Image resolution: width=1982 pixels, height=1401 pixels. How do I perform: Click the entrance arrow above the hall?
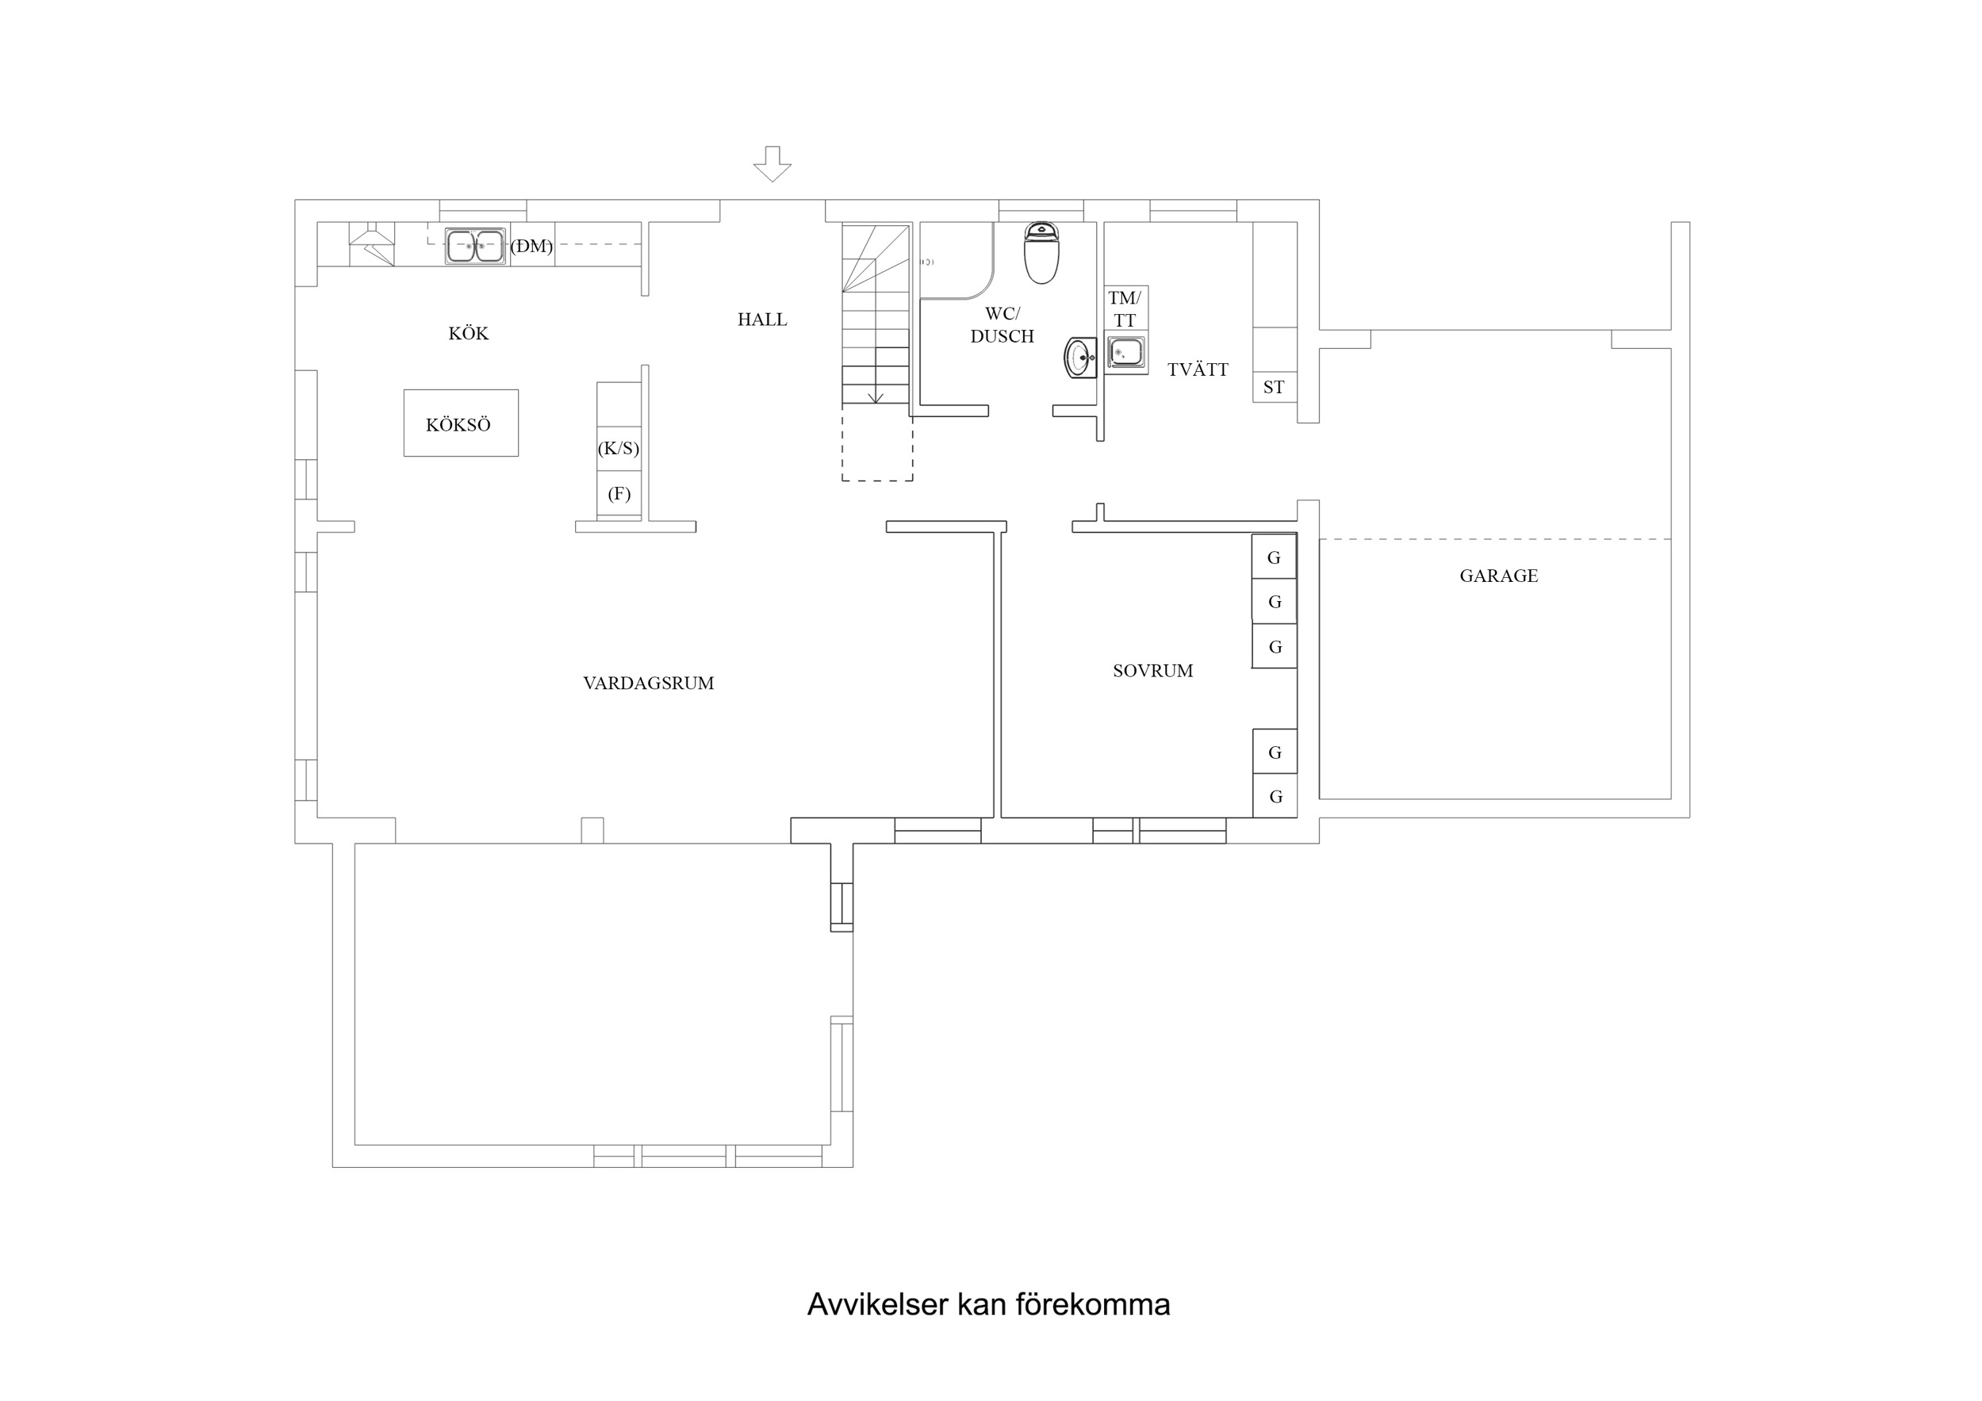[772, 164]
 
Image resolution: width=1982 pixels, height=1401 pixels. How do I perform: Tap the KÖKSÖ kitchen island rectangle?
[460, 423]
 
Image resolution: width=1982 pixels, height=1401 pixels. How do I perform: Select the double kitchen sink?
[475, 246]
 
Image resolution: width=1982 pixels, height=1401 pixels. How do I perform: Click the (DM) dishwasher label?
[531, 246]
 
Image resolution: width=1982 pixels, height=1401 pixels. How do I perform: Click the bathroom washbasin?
[1079, 358]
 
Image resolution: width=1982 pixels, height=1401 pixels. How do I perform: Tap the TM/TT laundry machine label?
[1125, 309]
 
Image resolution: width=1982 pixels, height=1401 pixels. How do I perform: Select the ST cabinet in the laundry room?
[1274, 387]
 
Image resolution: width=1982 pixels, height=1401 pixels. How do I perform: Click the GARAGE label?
[1498, 576]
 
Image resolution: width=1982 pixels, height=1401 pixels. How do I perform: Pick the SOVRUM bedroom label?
[1152, 671]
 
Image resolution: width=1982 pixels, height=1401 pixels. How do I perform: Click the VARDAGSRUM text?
[648, 683]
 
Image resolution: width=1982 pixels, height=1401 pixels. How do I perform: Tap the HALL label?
[762, 320]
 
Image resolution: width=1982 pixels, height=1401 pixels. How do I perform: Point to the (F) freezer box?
[619, 495]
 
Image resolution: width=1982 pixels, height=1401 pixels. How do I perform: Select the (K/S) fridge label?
[619, 448]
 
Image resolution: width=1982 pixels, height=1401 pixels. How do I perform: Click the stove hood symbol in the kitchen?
[371, 243]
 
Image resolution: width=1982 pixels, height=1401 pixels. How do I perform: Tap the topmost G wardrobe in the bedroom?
[1274, 557]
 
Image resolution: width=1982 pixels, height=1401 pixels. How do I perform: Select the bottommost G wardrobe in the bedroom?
[1275, 796]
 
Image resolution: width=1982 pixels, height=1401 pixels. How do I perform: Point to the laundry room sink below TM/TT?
[1126, 352]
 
